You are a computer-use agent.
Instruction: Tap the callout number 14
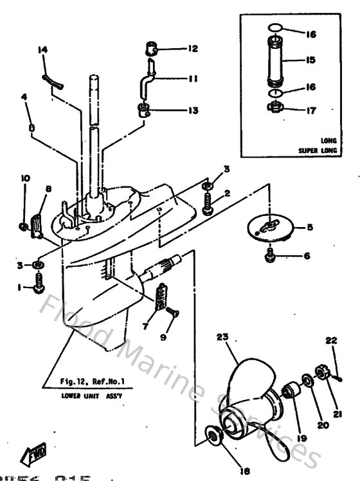pos(43,50)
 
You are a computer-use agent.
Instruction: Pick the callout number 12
pos(175,48)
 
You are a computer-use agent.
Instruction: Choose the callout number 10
pos(26,177)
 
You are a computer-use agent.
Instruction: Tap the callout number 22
pos(331,340)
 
